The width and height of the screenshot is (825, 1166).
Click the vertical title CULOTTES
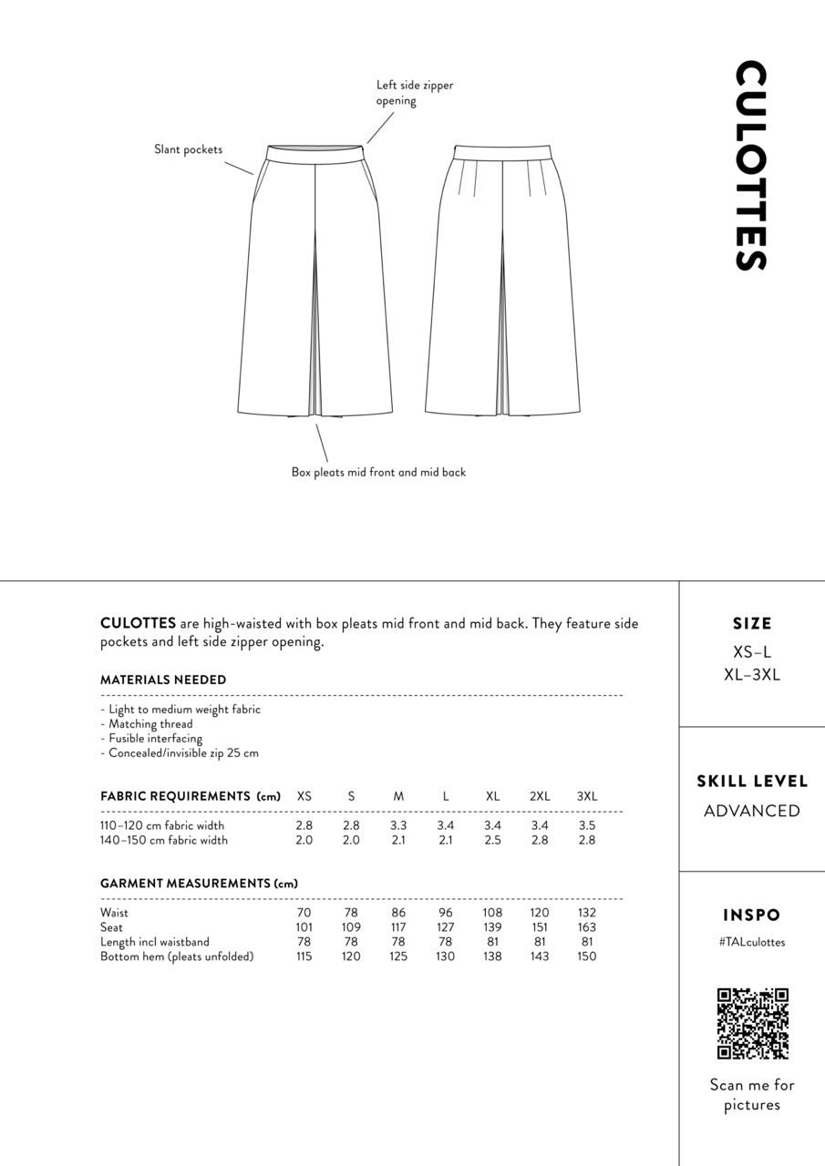tap(751, 166)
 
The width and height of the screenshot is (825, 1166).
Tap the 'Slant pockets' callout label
tap(188, 149)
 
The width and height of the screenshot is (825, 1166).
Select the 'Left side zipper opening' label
tap(415, 93)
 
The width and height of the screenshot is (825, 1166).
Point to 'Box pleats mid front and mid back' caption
tap(378, 472)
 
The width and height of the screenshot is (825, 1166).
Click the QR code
tap(752, 1023)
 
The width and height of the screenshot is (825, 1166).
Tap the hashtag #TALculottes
tap(752, 942)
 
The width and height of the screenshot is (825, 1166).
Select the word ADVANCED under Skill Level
tap(752, 811)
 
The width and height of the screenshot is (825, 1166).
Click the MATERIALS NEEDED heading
tap(163, 680)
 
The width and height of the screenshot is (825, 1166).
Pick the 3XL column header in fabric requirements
tap(587, 796)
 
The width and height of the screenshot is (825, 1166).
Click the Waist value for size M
tap(398, 913)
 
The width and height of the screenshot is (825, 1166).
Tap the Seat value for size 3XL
tap(587, 927)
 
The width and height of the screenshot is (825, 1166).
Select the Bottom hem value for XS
tap(304, 956)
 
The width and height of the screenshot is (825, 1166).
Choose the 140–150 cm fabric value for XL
tap(492, 840)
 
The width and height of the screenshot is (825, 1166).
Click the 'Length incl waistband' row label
tap(155, 942)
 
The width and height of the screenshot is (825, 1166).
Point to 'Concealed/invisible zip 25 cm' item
tap(180, 753)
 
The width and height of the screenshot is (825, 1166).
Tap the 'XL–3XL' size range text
tap(752, 675)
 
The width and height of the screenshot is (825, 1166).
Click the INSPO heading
tap(752, 915)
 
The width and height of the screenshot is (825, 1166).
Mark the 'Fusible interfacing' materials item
tap(151, 739)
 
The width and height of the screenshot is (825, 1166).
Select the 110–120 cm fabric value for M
tap(398, 825)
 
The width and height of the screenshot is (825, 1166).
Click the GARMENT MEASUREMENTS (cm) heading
tap(199, 884)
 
